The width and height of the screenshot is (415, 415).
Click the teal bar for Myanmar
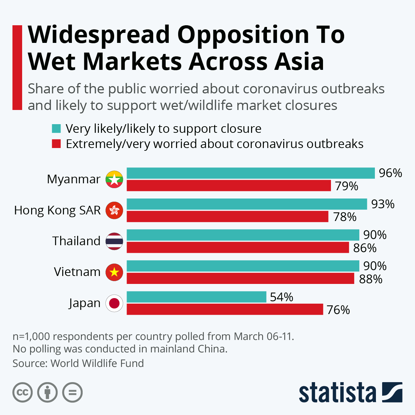click(x=251, y=173)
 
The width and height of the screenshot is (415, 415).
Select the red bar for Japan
click(x=225, y=309)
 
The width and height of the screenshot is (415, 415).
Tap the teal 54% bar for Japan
click(x=196, y=297)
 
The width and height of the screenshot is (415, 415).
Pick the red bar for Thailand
click(x=238, y=247)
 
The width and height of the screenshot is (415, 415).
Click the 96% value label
click(x=390, y=173)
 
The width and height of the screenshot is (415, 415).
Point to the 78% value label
click(x=345, y=217)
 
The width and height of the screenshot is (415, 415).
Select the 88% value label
click(x=371, y=279)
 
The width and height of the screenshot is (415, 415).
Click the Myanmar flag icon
click(x=114, y=179)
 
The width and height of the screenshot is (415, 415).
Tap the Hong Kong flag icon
click(x=114, y=210)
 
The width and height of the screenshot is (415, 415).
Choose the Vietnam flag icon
click(x=114, y=272)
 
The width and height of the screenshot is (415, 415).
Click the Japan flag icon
click(x=114, y=303)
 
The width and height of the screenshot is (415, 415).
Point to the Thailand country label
click(x=76, y=241)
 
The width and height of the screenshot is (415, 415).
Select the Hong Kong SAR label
click(x=57, y=210)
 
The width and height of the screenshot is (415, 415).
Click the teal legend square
click(x=56, y=129)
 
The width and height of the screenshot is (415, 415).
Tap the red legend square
click(x=56, y=144)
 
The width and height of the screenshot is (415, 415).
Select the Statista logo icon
click(x=392, y=392)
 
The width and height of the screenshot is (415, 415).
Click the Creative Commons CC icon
click(x=22, y=393)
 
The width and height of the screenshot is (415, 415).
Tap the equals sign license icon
click(x=73, y=393)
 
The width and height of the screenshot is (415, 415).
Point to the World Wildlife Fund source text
click(x=97, y=363)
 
